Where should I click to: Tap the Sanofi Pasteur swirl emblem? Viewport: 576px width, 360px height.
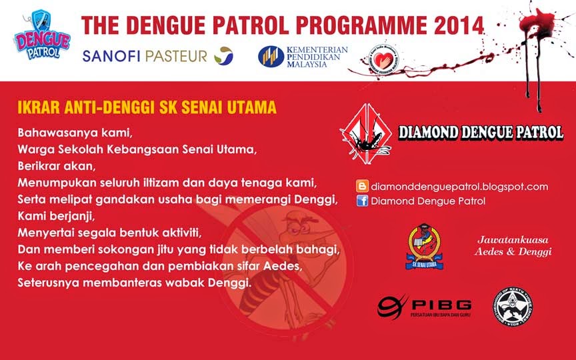click(x=223, y=56)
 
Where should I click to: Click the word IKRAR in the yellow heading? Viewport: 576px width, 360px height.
click(x=36, y=107)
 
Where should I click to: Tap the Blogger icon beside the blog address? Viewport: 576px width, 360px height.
click(x=363, y=187)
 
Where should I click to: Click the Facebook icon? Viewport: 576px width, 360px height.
click(x=363, y=201)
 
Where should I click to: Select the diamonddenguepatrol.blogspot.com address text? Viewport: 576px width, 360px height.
click(x=459, y=187)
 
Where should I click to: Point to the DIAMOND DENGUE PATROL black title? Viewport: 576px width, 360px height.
click(x=480, y=132)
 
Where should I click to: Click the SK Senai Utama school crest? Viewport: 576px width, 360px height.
click(x=424, y=247)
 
